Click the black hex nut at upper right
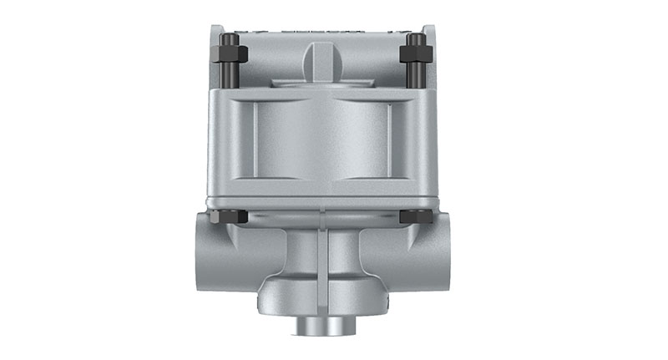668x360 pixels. (x=414, y=55)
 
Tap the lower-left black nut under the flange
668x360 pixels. (x=230, y=216)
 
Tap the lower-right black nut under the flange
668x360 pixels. (x=415, y=216)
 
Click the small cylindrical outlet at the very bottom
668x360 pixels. (x=321, y=325)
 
